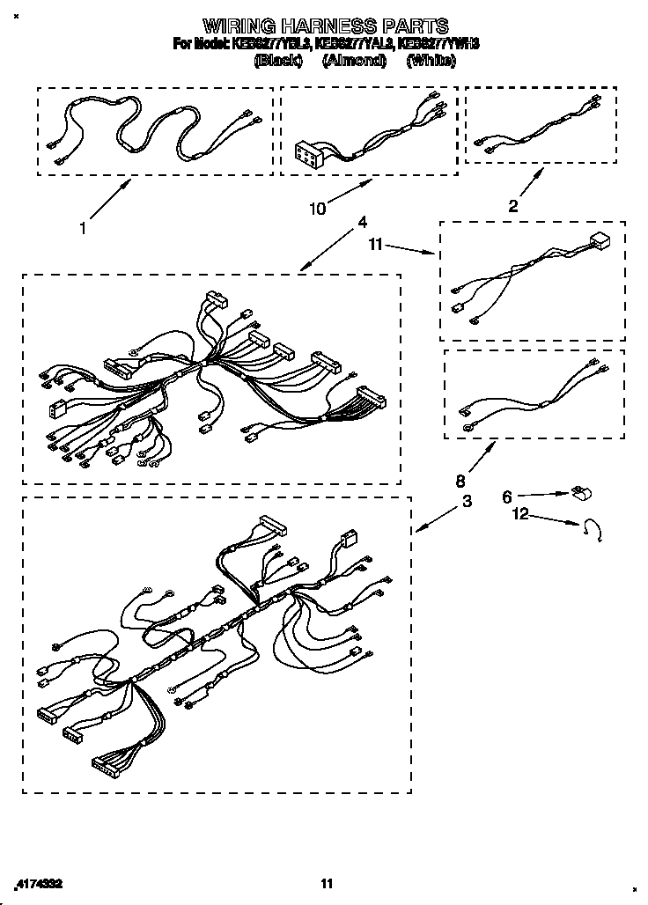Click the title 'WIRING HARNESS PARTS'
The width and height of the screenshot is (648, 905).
(326, 26)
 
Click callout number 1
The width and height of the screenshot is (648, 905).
(82, 228)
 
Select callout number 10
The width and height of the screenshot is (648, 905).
(317, 209)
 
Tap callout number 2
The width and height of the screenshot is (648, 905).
(513, 207)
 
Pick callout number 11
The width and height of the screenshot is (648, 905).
(375, 246)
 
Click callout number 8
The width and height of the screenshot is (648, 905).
(459, 482)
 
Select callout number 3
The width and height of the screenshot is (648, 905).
(466, 501)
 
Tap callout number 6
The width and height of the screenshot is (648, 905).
(507, 497)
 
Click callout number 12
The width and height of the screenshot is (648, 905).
(521, 514)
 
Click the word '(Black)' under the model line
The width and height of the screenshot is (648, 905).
(278, 61)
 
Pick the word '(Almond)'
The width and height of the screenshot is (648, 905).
(354, 61)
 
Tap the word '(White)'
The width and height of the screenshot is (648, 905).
(431, 61)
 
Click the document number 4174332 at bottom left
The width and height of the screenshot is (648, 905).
(39, 882)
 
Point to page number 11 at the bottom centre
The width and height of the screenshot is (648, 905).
(327, 883)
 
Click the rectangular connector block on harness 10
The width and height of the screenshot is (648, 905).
(310, 156)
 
